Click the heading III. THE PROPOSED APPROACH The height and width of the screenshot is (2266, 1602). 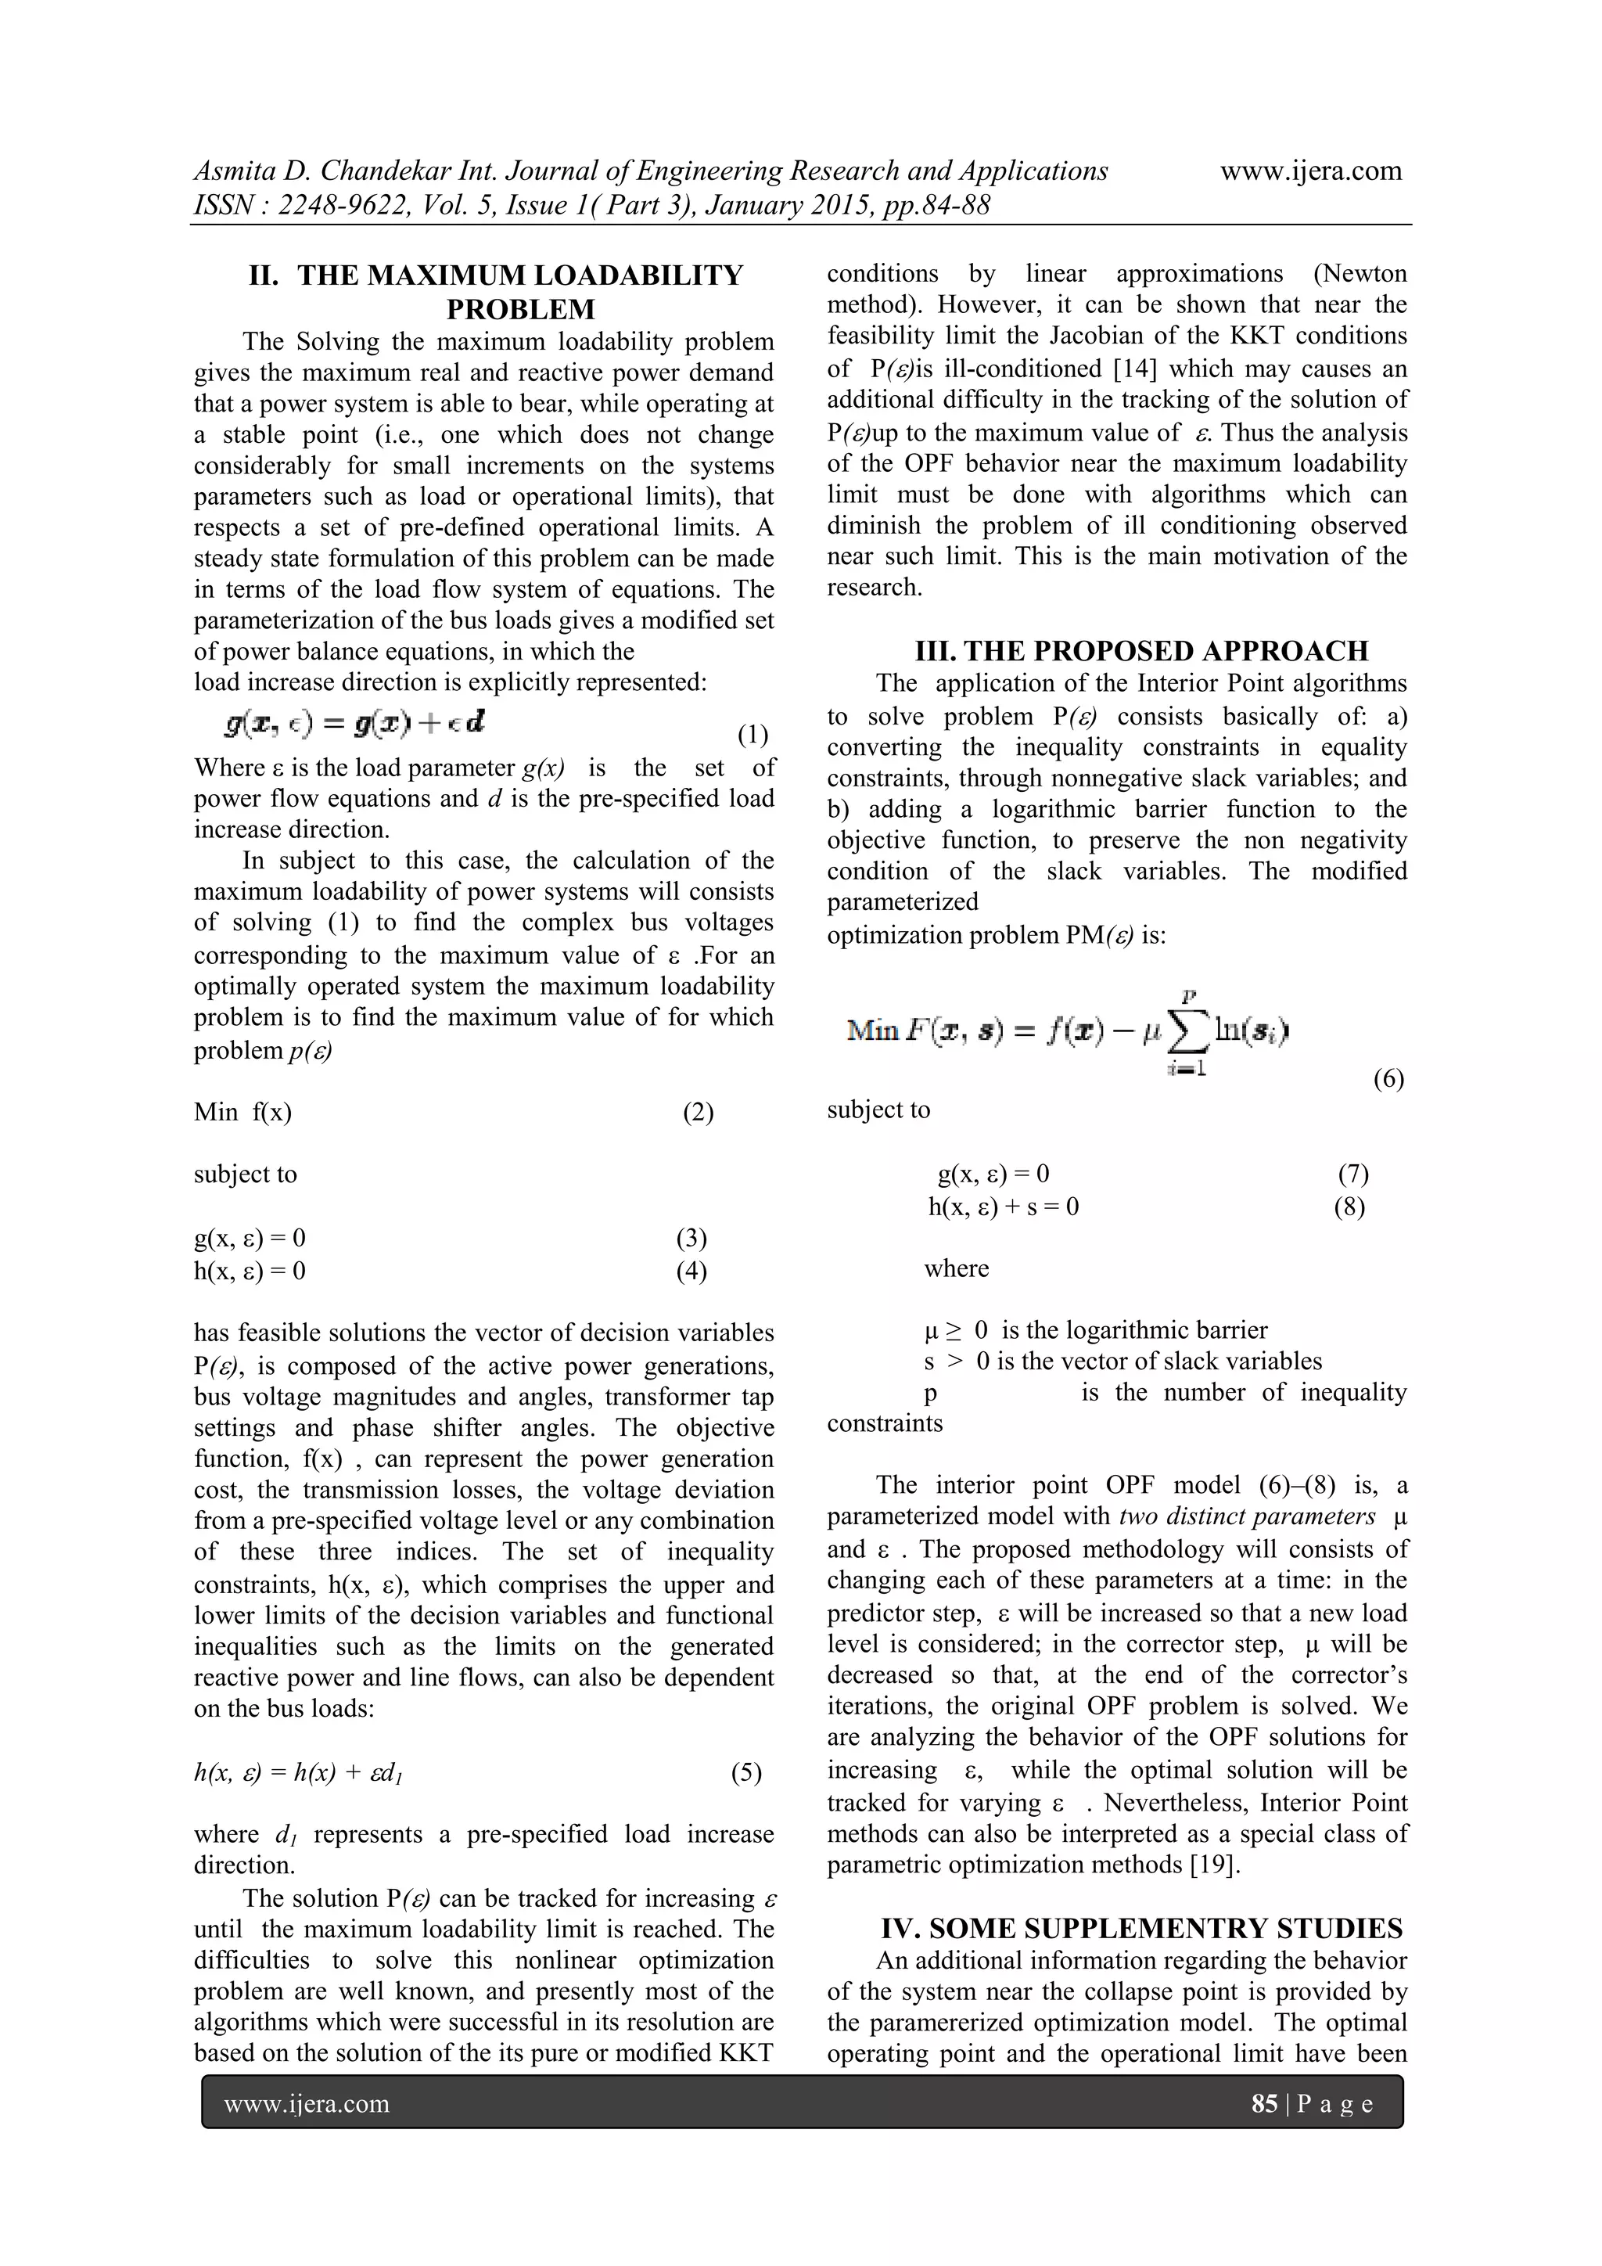[x=1141, y=650]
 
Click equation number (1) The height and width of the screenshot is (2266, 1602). [x=753, y=736]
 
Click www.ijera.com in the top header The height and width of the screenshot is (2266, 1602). [x=1310, y=171]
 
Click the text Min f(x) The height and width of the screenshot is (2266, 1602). [x=242, y=1113]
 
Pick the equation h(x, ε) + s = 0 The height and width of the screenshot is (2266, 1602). [x=1004, y=1206]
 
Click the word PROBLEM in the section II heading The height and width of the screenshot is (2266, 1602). [x=521, y=309]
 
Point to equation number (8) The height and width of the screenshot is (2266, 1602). [x=1349, y=1206]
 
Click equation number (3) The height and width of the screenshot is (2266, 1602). [x=691, y=1238]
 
